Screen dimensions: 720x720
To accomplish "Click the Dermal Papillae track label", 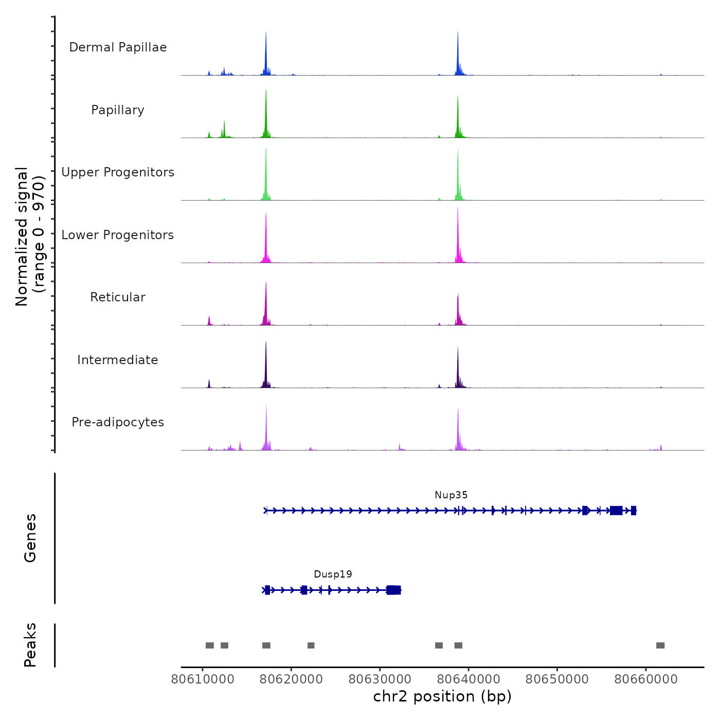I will coord(118,47).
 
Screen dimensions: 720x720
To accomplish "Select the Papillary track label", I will coord(118,110).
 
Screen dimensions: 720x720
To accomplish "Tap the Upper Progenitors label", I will coord(118,172).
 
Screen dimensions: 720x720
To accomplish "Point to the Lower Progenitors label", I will coord(118,235).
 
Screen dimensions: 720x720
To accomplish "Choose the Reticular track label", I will coord(118,297).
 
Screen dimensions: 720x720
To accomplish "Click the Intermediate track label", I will coord(118,360).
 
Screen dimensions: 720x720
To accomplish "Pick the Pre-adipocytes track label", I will coord(118,422).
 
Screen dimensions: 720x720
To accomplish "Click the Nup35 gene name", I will coord(451,495).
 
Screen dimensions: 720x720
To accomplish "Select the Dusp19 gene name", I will coord(333,574).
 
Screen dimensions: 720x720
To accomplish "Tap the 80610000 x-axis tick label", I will coord(203,679).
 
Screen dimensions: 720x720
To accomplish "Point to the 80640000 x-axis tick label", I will coord(469,679).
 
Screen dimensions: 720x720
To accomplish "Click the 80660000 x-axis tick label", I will coord(646,679).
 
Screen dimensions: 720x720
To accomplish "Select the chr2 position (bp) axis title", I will coord(442,696).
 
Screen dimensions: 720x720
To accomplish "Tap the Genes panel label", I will coord(30,538).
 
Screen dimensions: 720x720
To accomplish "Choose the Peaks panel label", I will coord(30,645).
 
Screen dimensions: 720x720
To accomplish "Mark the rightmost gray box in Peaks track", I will coord(660,645).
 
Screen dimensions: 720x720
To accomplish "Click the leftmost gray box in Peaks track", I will coord(210,645).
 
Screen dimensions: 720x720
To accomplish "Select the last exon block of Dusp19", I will coord(393,590).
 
